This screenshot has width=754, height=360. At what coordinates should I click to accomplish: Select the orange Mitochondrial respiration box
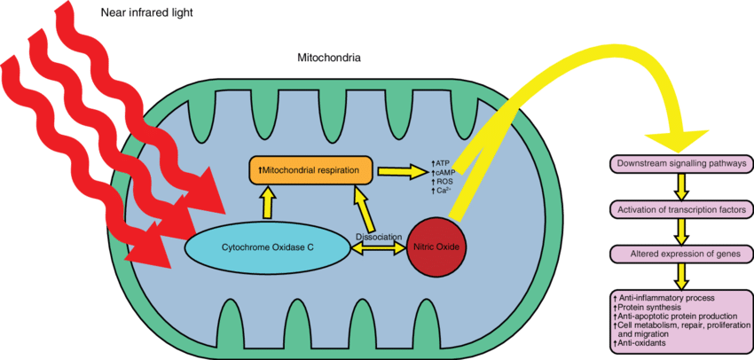[x=309, y=168]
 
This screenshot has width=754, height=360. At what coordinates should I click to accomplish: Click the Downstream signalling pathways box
[x=679, y=164]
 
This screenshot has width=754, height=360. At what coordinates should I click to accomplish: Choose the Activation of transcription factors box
[x=679, y=210]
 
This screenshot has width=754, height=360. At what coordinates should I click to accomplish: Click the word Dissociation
[x=379, y=238]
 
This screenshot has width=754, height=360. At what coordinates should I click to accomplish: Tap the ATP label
[x=440, y=162]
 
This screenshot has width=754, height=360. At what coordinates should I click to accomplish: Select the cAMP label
[x=443, y=172]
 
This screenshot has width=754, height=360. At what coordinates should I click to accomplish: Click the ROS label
[x=442, y=181]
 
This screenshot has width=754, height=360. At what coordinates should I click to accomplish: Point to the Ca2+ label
[x=441, y=191]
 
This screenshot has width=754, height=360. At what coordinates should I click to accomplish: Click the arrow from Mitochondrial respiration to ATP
[x=400, y=168]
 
